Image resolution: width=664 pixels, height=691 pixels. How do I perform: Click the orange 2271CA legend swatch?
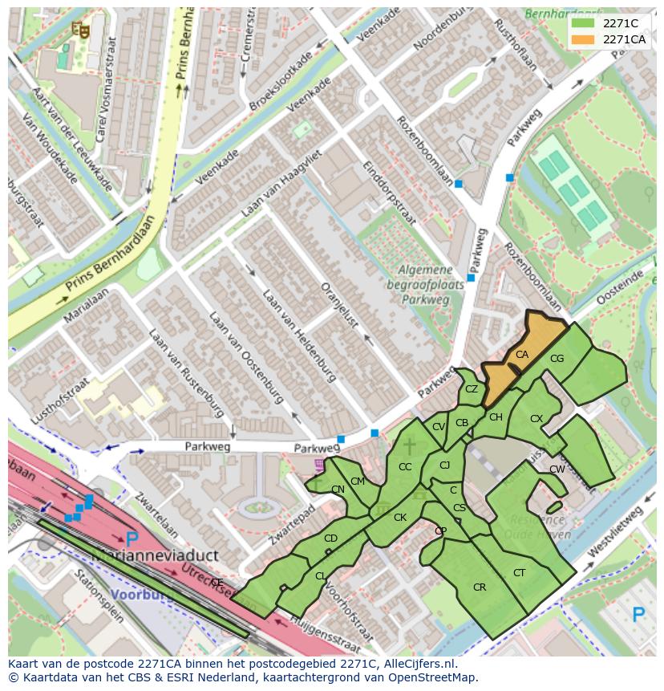pyautogui.click(x=583, y=39)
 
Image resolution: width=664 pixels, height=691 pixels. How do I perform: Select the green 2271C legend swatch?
pyautogui.click(x=583, y=23)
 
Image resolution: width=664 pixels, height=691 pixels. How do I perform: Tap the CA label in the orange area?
pyautogui.click(x=522, y=355)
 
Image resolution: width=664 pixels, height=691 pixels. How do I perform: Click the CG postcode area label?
pyautogui.click(x=557, y=359)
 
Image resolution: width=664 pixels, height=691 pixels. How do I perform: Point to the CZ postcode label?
pyautogui.click(x=472, y=389)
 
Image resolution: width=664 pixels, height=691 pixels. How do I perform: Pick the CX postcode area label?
pyautogui.click(x=536, y=419)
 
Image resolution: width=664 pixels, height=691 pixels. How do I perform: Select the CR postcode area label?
pyautogui.click(x=480, y=587)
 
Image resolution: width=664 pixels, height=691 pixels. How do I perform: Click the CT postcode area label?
pyautogui.click(x=519, y=573)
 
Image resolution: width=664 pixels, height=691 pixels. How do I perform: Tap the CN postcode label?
pyautogui.click(x=338, y=490)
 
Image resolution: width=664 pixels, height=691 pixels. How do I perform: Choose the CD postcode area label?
pyautogui.click(x=330, y=539)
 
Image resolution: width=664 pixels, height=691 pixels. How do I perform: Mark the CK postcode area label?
pyautogui.click(x=399, y=518)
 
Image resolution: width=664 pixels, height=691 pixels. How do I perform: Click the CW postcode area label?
pyautogui.click(x=557, y=469)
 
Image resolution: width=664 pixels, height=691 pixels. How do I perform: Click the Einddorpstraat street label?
pyautogui.click(x=388, y=192)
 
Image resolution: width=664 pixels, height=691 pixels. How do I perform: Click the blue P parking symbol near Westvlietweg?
pyautogui.click(x=638, y=615)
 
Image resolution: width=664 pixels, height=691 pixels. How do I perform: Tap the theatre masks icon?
pyautogui.click(x=79, y=29)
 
